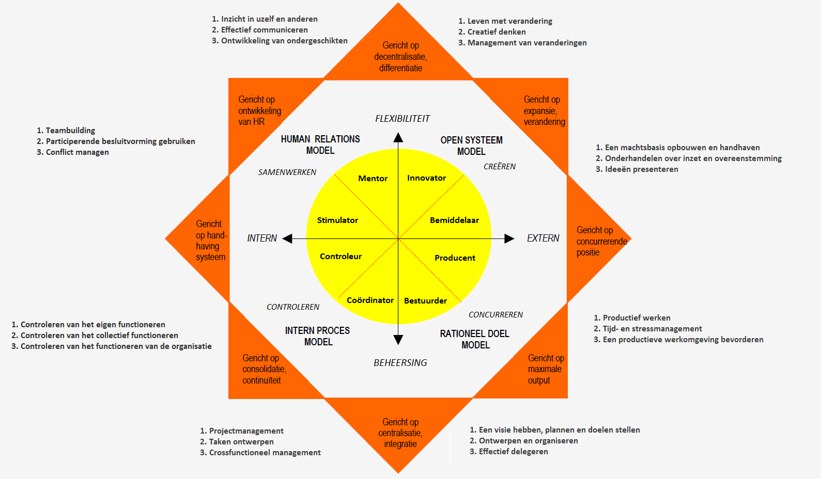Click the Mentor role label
click(373, 179)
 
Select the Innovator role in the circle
click(426, 178)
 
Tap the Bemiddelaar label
click(454, 220)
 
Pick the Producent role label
click(455, 258)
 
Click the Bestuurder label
click(425, 301)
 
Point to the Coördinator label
click(370, 300)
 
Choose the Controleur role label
click(340, 257)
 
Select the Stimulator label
click(337, 220)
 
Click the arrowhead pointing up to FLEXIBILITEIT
click(398, 137)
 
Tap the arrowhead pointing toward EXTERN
click(509, 238)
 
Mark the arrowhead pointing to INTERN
click(287, 238)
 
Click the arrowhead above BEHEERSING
click(398, 340)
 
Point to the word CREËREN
click(500, 167)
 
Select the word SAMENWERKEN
click(287, 172)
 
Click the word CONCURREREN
click(495, 315)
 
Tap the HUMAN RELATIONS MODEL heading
click(320, 145)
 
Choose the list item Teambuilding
click(70, 131)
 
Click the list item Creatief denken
click(496, 32)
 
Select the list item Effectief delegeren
click(513, 452)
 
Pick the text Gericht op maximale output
click(545, 369)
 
